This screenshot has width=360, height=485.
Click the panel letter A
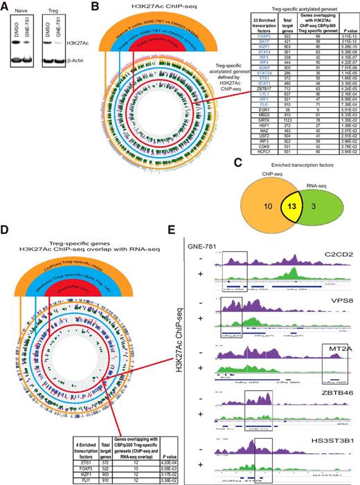pyautogui.click(x=6, y=6)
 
